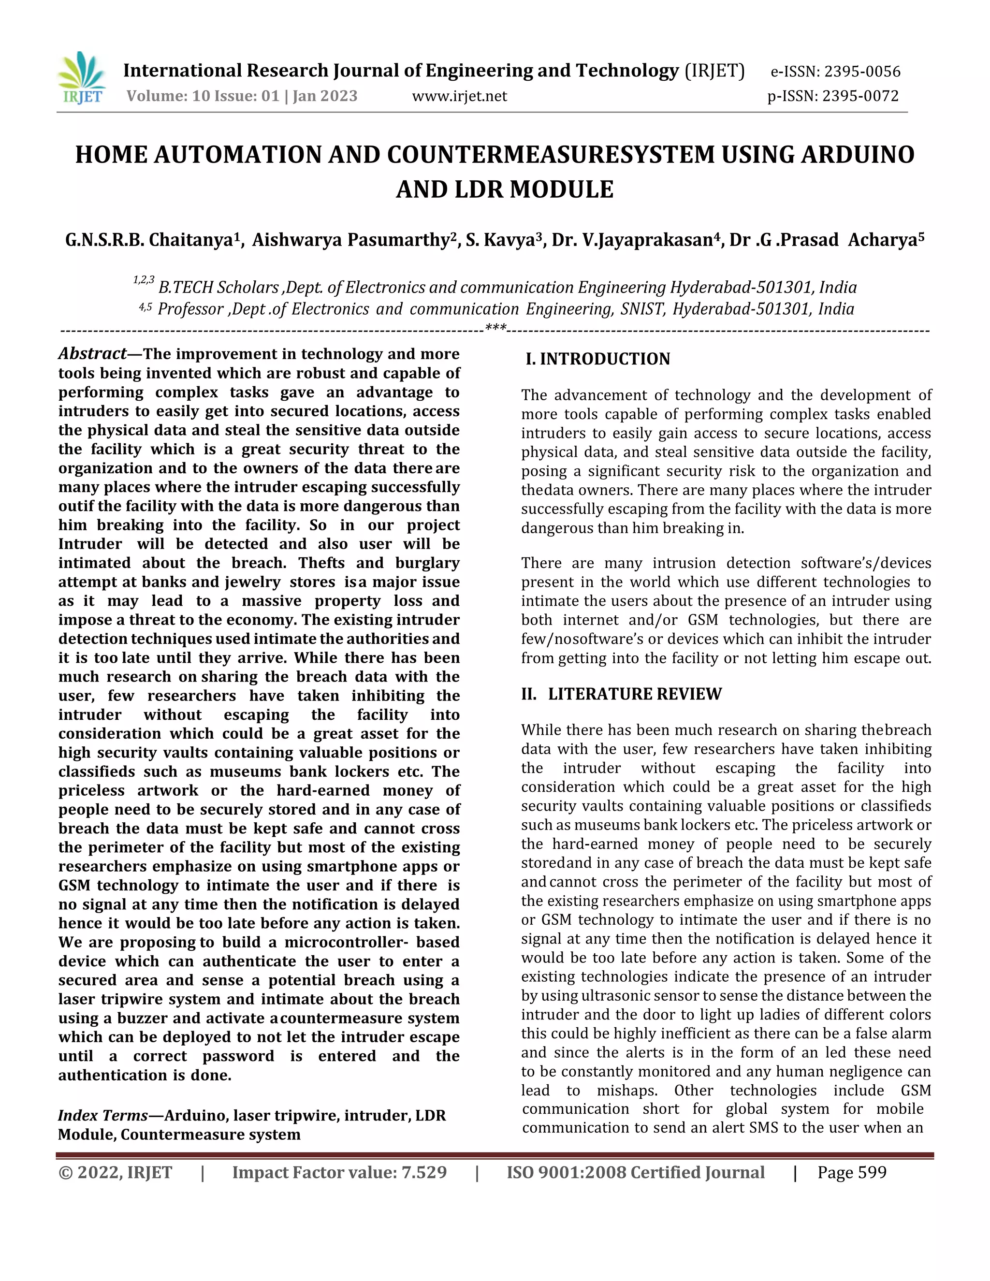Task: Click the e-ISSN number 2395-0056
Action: coord(861,72)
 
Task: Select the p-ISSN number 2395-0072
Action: coord(860,96)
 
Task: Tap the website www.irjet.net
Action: coord(459,96)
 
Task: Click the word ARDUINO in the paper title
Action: coord(857,155)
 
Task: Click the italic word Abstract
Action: coord(92,354)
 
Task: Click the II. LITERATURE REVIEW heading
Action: coord(621,694)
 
